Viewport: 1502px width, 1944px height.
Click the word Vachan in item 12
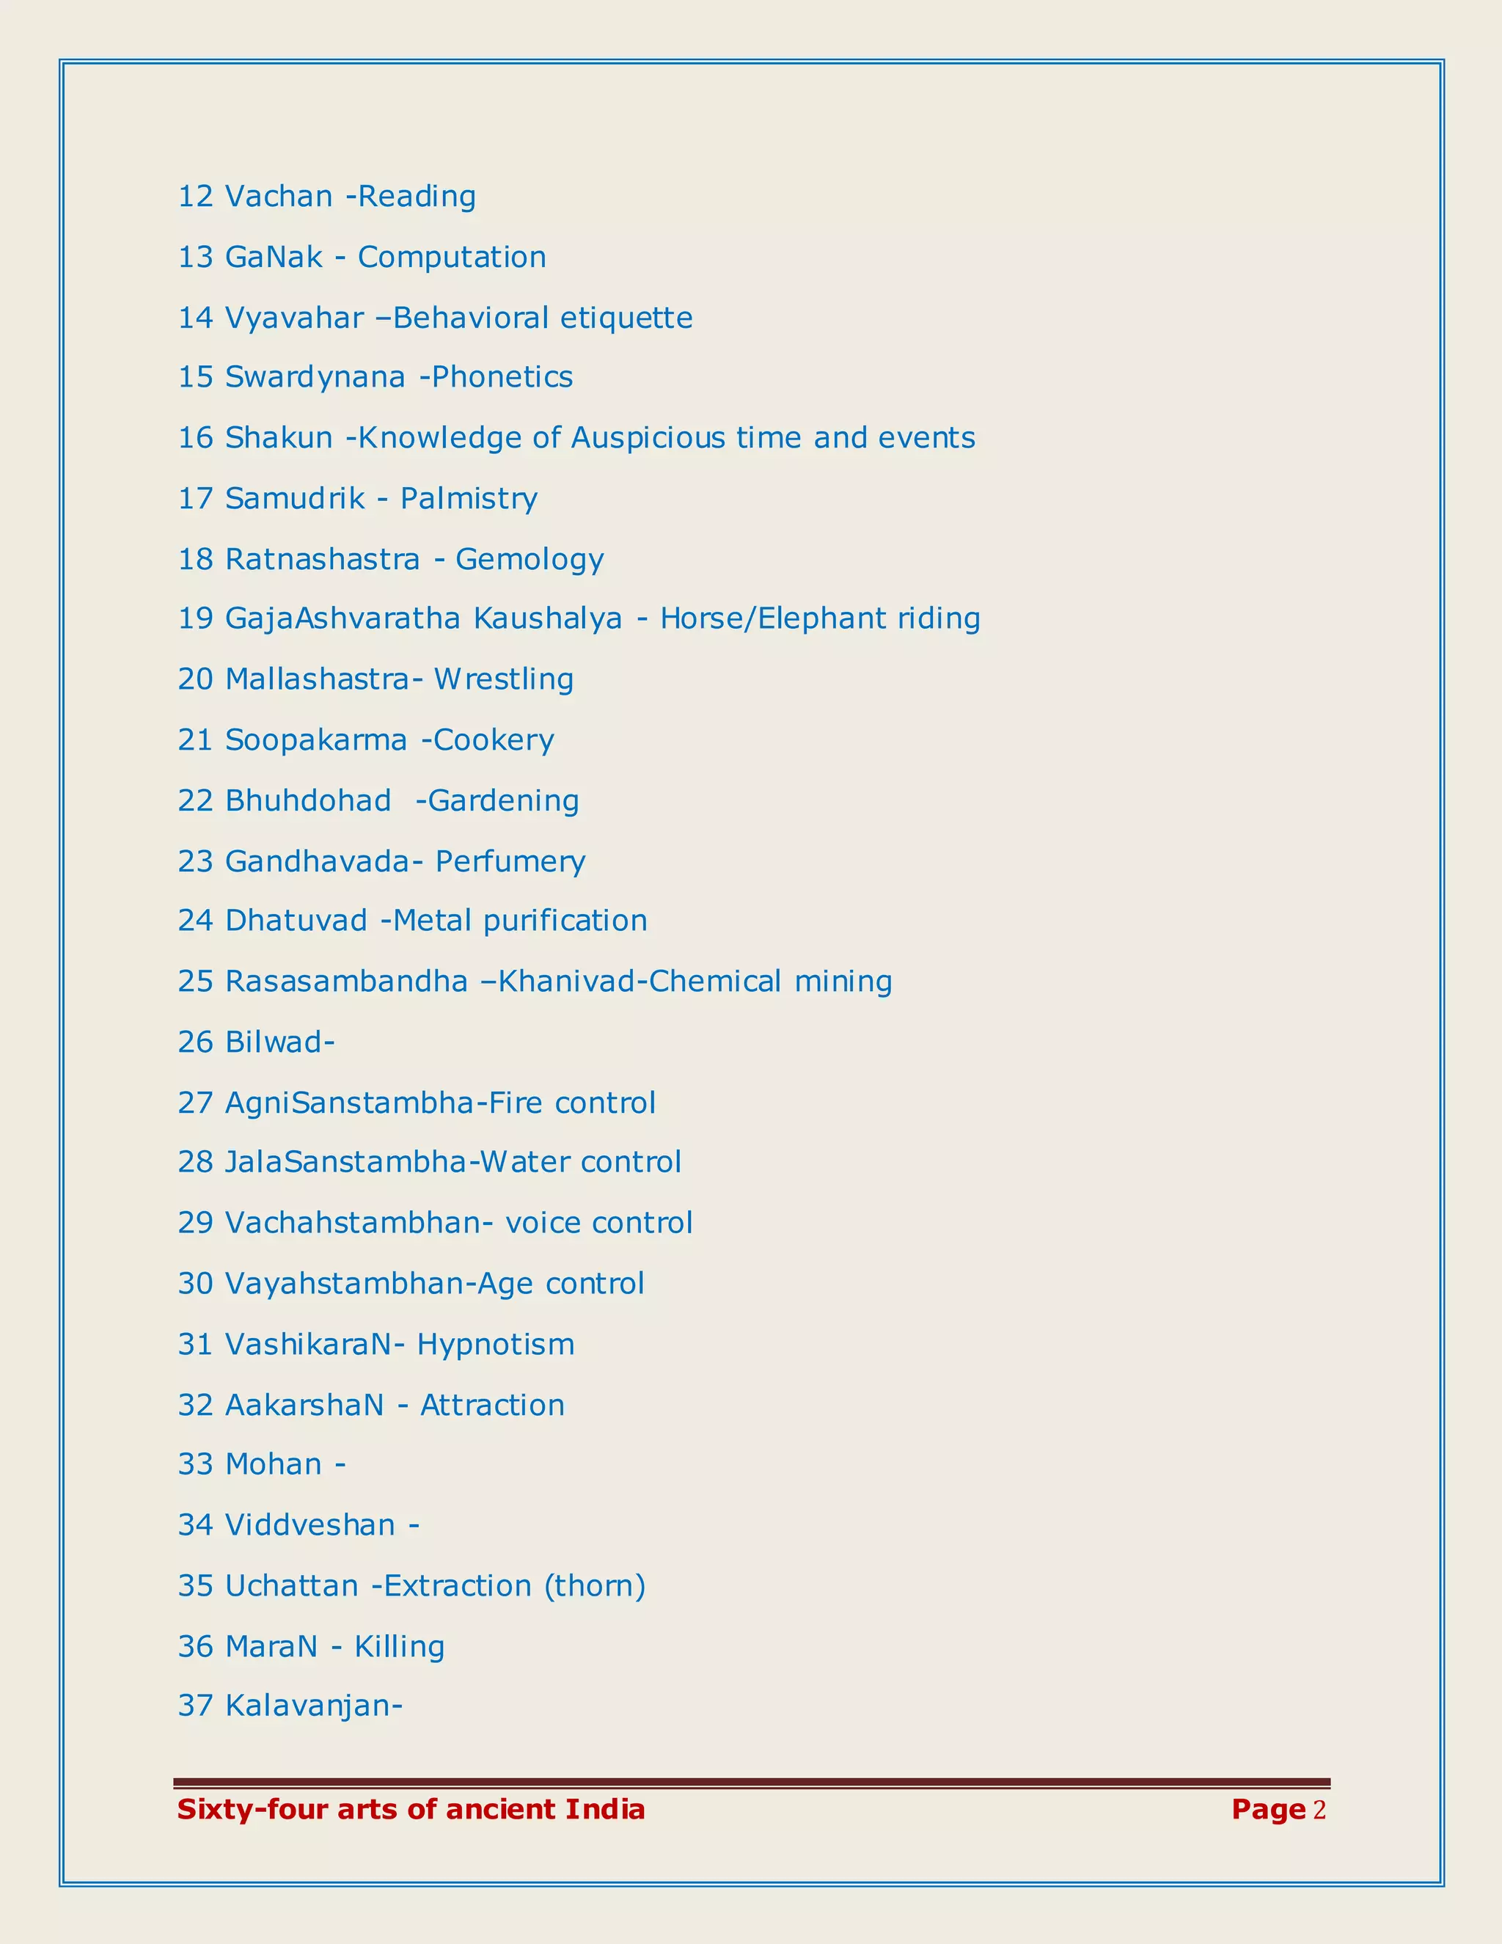coord(279,196)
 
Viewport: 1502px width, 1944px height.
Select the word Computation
coord(452,257)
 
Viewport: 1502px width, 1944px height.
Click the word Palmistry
coord(469,498)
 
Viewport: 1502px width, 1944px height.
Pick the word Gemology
coord(530,560)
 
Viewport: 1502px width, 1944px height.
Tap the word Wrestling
coord(504,679)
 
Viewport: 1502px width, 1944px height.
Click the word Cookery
coord(494,739)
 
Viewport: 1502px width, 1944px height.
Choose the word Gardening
coord(504,801)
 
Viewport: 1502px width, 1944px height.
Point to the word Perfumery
coord(510,862)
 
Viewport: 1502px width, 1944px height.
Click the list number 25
coord(196,981)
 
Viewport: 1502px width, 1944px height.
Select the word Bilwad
coord(275,1042)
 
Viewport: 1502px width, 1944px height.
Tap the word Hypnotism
coord(496,1344)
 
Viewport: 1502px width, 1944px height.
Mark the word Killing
coord(400,1647)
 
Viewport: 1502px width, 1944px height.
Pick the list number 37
coord(196,1706)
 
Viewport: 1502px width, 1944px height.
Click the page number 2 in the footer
coord(1319,1810)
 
